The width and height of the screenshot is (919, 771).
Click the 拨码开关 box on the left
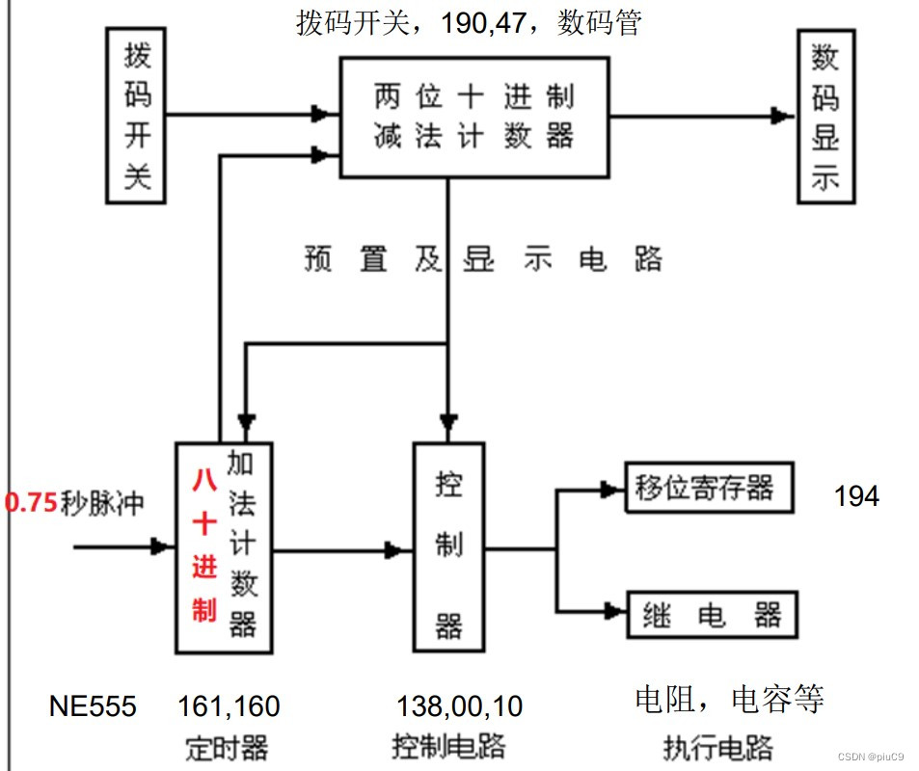pyautogui.click(x=137, y=116)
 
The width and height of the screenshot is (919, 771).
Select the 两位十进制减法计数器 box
pyautogui.click(x=473, y=117)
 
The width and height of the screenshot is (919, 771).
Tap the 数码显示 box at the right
pyautogui.click(x=824, y=117)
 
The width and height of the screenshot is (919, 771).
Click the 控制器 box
pyautogui.click(x=447, y=546)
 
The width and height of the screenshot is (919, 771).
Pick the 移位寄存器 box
pyautogui.click(x=711, y=489)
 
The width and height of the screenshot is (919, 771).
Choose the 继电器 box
pyautogui.click(x=712, y=614)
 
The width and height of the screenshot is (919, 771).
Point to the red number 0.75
pyautogui.click(x=30, y=503)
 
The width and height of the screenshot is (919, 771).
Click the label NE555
pyautogui.click(x=93, y=706)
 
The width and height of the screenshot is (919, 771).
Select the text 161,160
pyautogui.click(x=229, y=706)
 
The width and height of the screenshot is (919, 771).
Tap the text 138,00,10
pyautogui.click(x=460, y=706)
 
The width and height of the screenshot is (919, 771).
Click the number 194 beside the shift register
pyautogui.click(x=856, y=496)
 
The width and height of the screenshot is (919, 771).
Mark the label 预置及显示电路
pyautogui.click(x=483, y=259)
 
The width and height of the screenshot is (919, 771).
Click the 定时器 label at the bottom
pyautogui.click(x=227, y=747)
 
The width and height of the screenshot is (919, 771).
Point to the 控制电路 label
pyautogui.click(x=448, y=746)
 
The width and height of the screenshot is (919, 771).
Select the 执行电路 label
pyautogui.click(x=718, y=747)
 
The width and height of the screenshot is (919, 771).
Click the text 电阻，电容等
pyautogui.click(x=729, y=699)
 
